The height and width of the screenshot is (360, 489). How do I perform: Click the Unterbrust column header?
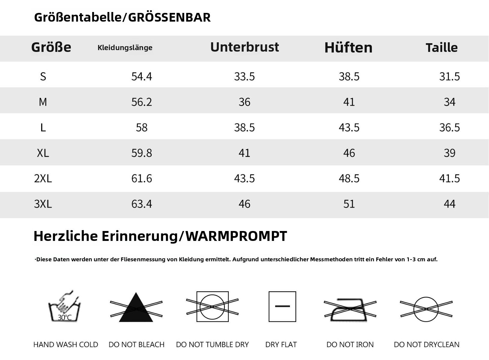tap(244, 47)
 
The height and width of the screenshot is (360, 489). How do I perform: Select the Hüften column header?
tap(349, 47)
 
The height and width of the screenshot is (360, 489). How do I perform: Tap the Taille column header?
tap(442, 47)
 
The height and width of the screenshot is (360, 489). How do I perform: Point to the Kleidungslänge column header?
tap(125, 48)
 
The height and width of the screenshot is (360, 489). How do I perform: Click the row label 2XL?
tap(43, 178)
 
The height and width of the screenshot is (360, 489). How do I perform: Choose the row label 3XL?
tap(43, 204)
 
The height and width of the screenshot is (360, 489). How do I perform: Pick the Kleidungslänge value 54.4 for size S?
tap(141, 76)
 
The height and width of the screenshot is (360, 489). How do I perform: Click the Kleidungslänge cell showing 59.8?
tap(141, 153)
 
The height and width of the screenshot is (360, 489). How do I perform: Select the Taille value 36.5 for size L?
tap(449, 127)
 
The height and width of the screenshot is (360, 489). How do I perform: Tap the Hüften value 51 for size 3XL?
tap(349, 204)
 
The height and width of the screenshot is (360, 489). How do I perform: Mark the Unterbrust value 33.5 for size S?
tap(244, 76)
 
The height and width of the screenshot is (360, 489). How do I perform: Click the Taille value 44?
tap(449, 204)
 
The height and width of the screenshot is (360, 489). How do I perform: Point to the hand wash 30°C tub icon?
tap(65, 306)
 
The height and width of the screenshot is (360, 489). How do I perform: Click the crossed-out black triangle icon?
tap(136, 307)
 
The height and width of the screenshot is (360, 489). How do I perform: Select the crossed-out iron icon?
tap(350, 309)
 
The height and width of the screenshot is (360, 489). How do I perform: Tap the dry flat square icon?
tap(282, 307)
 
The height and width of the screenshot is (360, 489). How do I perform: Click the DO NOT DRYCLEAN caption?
tap(427, 344)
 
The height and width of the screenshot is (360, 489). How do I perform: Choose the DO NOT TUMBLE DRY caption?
tap(212, 344)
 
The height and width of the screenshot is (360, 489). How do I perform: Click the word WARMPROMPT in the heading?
tap(236, 236)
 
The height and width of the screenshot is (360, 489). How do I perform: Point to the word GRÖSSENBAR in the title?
tap(169, 17)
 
